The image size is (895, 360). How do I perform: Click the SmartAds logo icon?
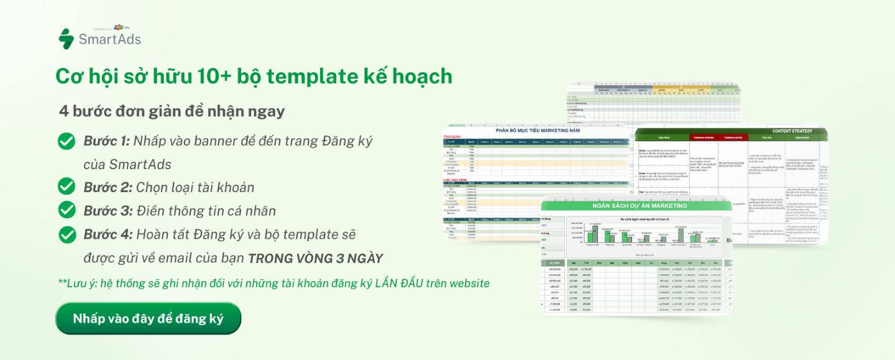[66, 39]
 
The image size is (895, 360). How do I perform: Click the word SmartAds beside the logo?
[109, 40]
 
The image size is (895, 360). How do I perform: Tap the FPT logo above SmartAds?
[118, 27]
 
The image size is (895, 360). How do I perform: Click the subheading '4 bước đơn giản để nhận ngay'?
[172, 111]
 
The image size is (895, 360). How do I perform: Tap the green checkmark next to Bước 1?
[67, 141]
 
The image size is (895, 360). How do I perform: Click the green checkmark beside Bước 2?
[67, 186]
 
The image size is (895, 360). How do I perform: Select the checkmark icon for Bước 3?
[67, 210]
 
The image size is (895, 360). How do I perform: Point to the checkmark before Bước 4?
[67, 234]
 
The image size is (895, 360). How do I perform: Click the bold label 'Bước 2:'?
[107, 187]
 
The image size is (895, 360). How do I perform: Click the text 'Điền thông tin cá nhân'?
[206, 211]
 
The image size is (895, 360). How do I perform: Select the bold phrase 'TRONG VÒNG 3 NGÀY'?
[316, 259]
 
